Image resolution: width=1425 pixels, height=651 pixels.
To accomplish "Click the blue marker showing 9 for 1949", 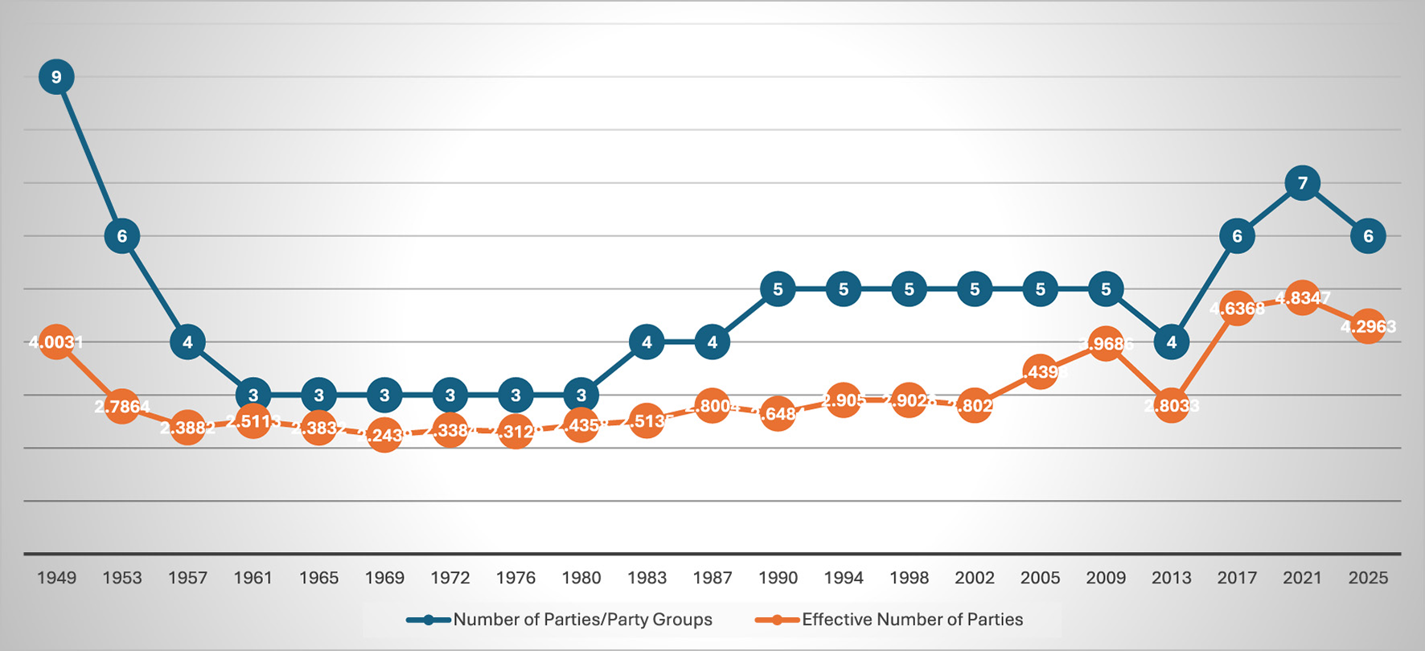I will point(56,77).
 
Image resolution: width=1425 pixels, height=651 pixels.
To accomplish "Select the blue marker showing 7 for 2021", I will point(1302,183).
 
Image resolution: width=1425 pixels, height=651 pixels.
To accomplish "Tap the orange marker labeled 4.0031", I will point(56,342).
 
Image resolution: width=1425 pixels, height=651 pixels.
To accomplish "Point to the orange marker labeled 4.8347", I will point(1302,298).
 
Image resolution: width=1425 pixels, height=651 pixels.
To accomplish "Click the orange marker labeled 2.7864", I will point(122,407).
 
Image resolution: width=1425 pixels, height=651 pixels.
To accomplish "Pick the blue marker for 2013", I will point(1171,342).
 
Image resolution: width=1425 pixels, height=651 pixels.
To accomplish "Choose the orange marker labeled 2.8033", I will point(1171,406).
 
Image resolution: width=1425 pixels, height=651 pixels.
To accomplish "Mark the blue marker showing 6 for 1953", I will point(122,236).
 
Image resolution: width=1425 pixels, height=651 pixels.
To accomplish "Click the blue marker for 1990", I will point(778,289).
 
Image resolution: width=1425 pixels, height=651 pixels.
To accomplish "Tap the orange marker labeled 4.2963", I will point(1368,327).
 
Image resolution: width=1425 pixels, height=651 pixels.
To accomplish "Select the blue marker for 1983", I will point(647,342).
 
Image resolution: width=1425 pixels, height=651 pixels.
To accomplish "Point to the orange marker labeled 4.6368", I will point(1237,309).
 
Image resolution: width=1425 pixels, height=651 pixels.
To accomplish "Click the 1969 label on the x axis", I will point(384,578).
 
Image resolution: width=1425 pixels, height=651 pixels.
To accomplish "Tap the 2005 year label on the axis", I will point(1040,578).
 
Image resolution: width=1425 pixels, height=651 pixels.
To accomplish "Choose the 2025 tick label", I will point(1368,578).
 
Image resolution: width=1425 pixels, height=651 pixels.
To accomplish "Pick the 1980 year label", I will point(581,578).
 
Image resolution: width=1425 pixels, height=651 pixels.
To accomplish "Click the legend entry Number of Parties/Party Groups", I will point(582,620).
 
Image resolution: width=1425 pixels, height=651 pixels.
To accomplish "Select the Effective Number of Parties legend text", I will point(912,620).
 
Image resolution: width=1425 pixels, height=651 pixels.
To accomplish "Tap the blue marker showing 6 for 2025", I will point(1368,236).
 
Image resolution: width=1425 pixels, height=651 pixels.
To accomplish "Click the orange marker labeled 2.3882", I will point(187,428).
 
